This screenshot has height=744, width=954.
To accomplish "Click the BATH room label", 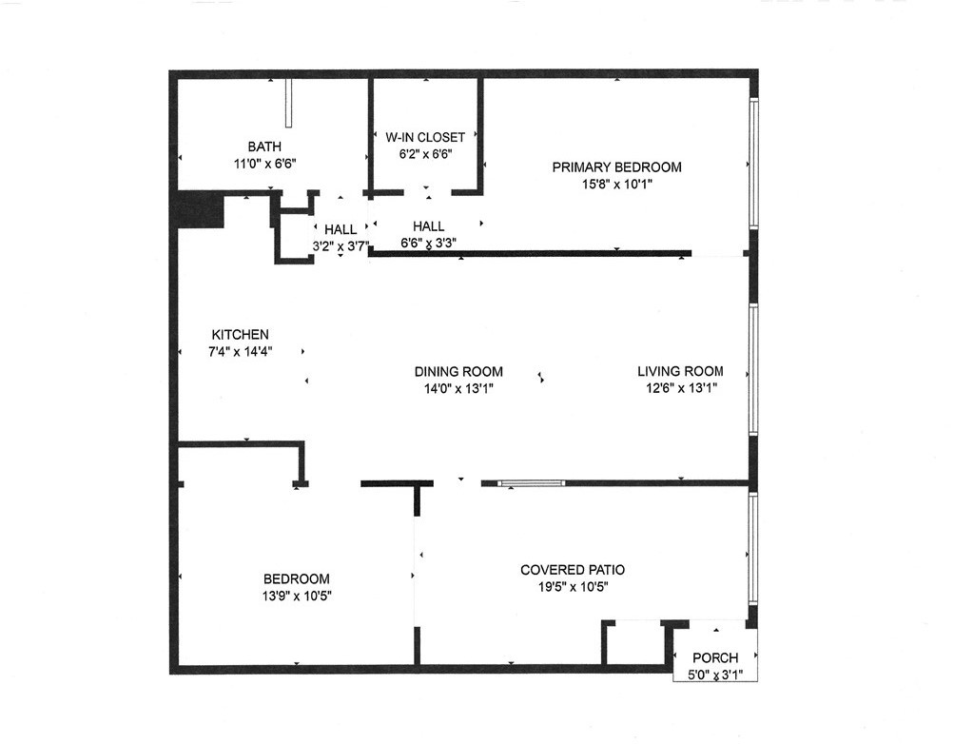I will point(264,147).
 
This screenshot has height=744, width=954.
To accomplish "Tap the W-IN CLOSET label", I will point(425,138).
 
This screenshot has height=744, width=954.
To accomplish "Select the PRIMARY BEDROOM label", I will point(617,167).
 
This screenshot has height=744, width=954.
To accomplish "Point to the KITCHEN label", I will point(240,335).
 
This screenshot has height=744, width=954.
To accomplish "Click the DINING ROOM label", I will point(458,372).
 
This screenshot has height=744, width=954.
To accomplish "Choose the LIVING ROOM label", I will point(680,372).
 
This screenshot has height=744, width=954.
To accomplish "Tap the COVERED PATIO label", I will point(573,570).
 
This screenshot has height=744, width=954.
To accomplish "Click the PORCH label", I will point(715,658).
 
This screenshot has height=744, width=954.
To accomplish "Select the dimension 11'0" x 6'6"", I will point(265,164).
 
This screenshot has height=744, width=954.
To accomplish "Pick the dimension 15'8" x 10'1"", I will point(617,185).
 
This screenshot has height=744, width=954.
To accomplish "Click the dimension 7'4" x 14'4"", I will point(241,352).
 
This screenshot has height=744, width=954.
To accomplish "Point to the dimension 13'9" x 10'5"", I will point(297,597).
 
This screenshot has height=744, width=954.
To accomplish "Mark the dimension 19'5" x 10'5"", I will point(573,587).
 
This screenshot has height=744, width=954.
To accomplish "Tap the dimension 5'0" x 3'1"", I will point(714,675).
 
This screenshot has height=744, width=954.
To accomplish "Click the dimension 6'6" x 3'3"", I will point(429,243).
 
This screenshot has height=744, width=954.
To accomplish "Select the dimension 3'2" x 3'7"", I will point(341,245).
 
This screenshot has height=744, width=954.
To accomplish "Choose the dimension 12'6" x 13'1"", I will point(680,388).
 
